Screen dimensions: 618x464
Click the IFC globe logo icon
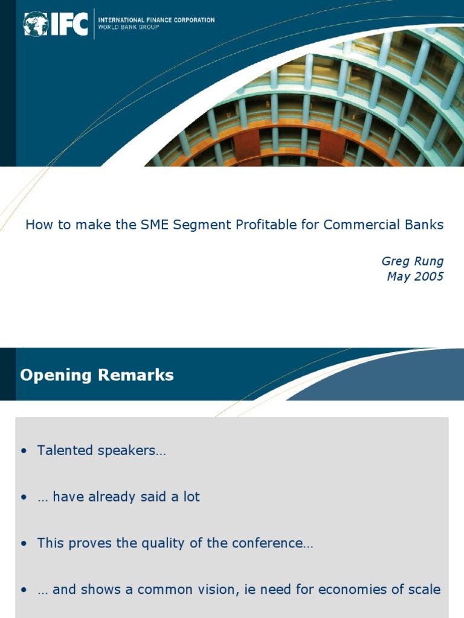pyautogui.click(x=36, y=24)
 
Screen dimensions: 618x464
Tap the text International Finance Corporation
pyautogui.click(x=156, y=20)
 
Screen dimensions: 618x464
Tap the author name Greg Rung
pyautogui.click(x=412, y=261)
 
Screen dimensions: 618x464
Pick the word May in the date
pyautogui.click(x=399, y=277)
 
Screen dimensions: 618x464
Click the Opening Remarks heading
pyautogui.click(x=97, y=375)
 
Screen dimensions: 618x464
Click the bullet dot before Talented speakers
pyautogui.click(x=24, y=451)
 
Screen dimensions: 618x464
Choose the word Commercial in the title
pyautogui.click(x=358, y=225)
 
